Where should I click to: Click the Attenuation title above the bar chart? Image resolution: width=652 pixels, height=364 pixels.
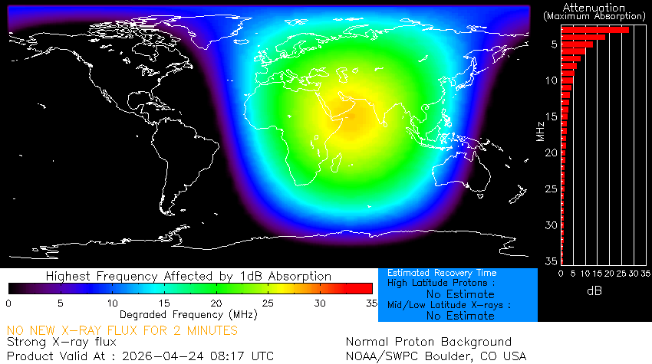point(593,7)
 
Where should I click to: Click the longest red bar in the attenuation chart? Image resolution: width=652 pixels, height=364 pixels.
point(595,30)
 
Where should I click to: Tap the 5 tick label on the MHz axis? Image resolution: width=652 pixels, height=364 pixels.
point(553,44)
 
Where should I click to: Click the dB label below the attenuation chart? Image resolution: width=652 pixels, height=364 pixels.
point(594,291)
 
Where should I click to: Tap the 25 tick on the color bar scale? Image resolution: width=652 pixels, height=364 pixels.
point(268,303)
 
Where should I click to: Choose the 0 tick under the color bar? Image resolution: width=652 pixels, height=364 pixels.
point(8,303)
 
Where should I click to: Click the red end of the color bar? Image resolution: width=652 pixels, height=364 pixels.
point(361,288)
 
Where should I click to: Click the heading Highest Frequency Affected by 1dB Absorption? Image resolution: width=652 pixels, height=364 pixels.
point(189,276)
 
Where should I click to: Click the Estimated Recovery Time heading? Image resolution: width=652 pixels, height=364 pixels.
point(442,273)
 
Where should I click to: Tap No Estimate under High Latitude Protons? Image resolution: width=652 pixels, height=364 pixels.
point(460,293)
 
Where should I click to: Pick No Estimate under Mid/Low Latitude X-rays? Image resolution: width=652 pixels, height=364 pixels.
point(460,315)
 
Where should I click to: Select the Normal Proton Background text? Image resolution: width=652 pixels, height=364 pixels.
point(429,342)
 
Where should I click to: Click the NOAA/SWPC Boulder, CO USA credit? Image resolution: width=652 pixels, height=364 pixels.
point(436,356)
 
